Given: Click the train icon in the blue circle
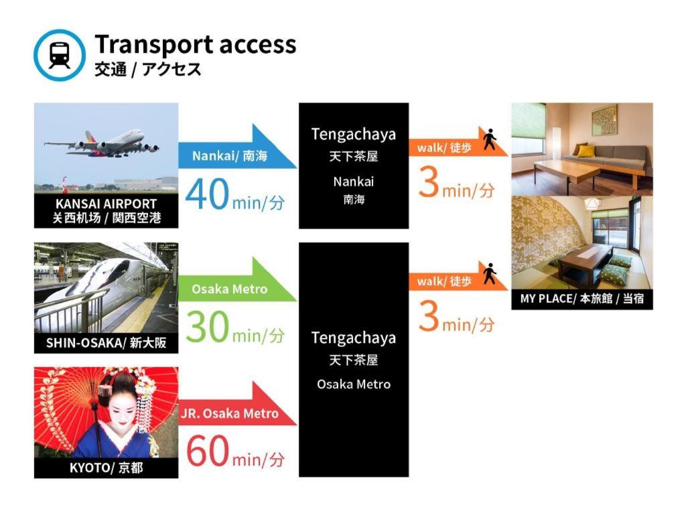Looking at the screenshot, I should (x=60, y=55).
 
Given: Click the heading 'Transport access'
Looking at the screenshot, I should (x=195, y=44).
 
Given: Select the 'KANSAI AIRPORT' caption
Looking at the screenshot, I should (x=106, y=204).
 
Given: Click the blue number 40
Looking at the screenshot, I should (x=207, y=195).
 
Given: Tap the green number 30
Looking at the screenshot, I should (x=207, y=328).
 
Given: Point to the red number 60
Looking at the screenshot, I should (x=207, y=452).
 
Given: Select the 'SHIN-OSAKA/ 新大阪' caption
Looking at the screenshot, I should (x=106, y=344).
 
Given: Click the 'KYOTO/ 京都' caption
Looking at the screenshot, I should (x=106, y=467).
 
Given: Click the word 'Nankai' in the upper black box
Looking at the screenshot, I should (x=353, y=182).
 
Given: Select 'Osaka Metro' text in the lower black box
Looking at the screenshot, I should (x=353, y=384).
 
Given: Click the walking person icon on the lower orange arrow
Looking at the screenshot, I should (x=490, y=273).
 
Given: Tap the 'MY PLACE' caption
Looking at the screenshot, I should (x=581, y=299).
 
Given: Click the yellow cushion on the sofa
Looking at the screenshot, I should (x=585, y=151).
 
